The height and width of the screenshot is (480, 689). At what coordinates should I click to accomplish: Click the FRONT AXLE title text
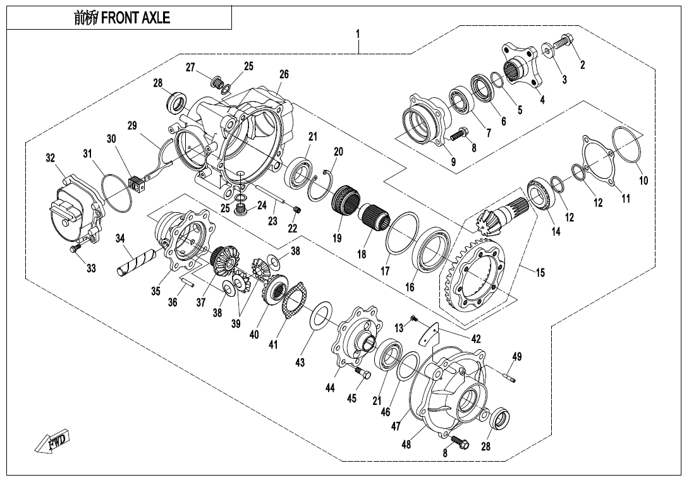click(122, 18)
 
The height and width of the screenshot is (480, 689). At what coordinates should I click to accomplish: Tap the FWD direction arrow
click(54, 441)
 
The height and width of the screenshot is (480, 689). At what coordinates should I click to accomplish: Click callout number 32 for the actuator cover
click(51, 159)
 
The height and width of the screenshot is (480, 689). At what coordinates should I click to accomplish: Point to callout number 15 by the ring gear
click(540, 273)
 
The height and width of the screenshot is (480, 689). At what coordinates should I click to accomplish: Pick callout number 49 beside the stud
click(517, 357)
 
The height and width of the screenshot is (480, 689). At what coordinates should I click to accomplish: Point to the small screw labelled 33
click(75, 250)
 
